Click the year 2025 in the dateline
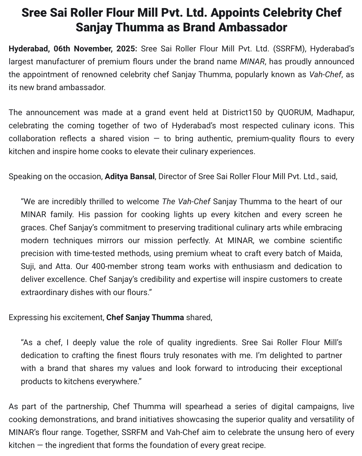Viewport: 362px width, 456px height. coord(127,49)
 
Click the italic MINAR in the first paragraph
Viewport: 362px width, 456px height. coord(252,61)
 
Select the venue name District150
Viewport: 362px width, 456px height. coord(242,112)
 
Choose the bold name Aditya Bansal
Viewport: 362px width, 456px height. coord(130,176)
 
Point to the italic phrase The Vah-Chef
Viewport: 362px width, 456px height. coord(186,201)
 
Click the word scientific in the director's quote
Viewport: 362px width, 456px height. coord(326,240)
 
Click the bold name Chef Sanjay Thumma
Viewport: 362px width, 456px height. coord(145,317)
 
